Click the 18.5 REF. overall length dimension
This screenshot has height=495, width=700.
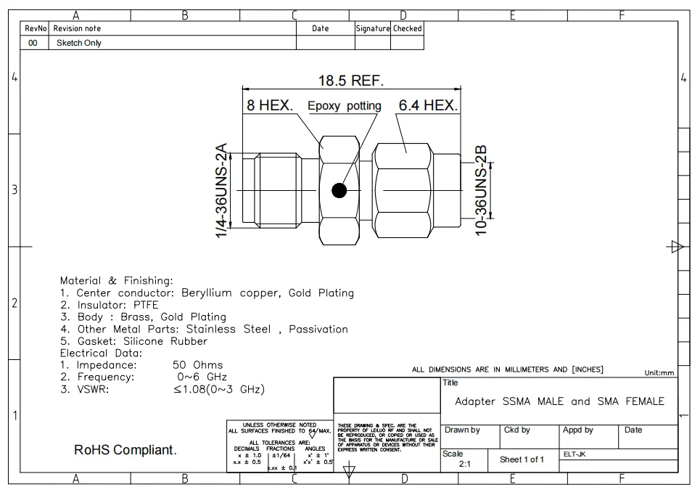click(x=351, y=80)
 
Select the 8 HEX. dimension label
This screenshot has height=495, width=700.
click(x=269, y=106)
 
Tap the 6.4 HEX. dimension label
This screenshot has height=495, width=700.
click(x=428, y=106)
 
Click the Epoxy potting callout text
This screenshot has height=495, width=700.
click(x=345, y=106)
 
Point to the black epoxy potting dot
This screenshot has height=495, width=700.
click(x=339, y=191)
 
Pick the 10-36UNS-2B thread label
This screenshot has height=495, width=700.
click(x=480, y=189)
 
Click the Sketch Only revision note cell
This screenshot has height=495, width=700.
click(x=79, y=43)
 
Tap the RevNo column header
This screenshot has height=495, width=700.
click(x=36, y=28)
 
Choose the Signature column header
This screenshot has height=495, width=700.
click(x=372, y=28)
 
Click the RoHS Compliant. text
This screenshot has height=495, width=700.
click(x=125, y=451)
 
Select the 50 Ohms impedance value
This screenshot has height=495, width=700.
click(x=198, y=365)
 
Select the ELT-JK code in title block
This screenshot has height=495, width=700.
click(x=575, y=454)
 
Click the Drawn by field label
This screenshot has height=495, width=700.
click(x=462, y=430)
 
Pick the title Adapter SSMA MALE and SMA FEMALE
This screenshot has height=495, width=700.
click(x=559, y=401)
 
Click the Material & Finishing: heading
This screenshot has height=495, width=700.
click(x=117, y=280)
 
